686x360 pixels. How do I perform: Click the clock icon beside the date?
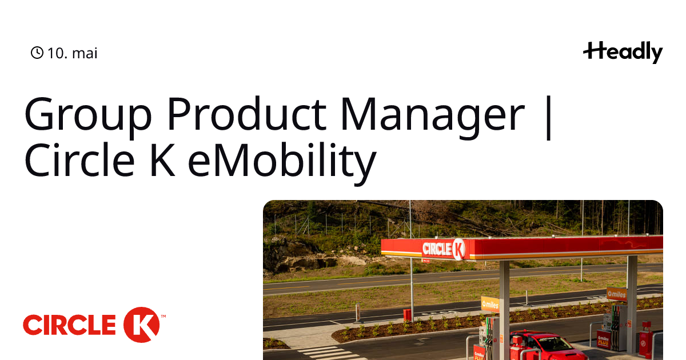(37, 53)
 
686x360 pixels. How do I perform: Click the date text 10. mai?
(73, 53)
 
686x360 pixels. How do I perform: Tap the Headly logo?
(623, 53)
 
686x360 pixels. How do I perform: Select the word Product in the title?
(246, 114)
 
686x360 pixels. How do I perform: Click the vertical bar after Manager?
(549, 118)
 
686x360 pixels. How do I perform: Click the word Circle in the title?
(79, 159)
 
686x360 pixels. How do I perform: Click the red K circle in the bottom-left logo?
(142, 325)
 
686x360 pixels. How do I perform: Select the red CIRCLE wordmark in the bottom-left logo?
(69, 325)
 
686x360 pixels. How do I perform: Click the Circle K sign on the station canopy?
(444, 249)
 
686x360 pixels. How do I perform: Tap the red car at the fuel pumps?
(548, 346)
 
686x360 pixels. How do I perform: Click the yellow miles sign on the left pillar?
(490, 304)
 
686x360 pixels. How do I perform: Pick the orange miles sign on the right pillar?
(617, 294)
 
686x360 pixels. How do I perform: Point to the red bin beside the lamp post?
(407, 315)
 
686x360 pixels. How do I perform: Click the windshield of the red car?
(551, 342)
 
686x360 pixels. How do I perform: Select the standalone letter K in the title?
(162, 159)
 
